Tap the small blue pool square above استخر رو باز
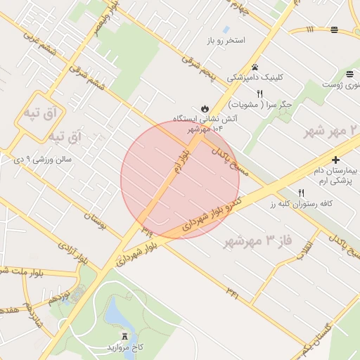tap(226, 30)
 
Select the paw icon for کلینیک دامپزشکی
tap(255, 67)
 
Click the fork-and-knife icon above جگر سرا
tap(259, 94)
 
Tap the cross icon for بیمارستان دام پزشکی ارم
tap(335, 160)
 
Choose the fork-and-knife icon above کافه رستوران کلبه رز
tap(302, 192)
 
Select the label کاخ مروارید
tap(125, 347)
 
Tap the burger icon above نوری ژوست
tap(349, 74)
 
